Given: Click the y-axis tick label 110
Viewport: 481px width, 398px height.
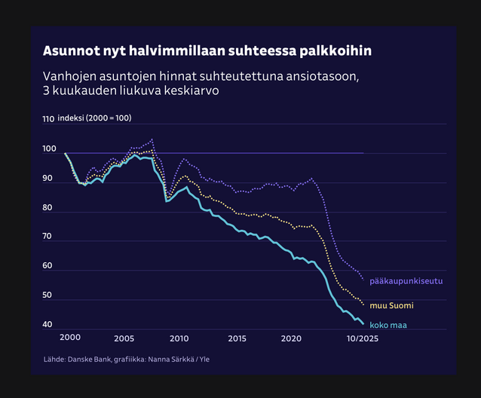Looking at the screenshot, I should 48,119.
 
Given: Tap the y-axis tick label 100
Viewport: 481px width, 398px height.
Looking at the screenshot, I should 48,150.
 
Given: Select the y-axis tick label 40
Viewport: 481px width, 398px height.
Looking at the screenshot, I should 48,325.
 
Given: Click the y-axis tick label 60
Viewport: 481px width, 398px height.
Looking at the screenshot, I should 48,266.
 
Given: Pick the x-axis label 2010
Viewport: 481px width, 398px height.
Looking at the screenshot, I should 179,338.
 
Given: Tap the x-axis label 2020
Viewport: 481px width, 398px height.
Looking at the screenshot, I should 291,338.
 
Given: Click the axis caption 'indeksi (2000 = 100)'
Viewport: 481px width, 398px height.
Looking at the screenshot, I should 94,119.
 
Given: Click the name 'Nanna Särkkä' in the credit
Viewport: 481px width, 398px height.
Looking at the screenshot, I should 167,360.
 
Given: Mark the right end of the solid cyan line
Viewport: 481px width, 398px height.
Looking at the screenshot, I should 363,324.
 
